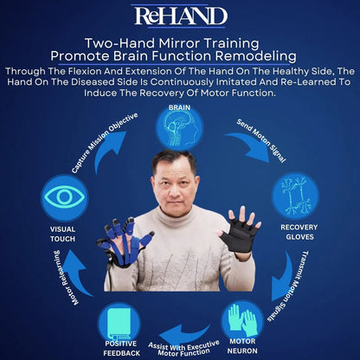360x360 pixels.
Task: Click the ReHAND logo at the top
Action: click(x=180, y=16)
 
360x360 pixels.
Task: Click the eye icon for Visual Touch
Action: click(x=65, y=197)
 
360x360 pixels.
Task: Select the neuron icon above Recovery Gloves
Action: click(x=295, y=196)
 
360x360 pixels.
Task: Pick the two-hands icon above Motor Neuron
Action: click(x=242, y=320)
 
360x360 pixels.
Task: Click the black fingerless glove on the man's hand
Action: click(x=236, y=232)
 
